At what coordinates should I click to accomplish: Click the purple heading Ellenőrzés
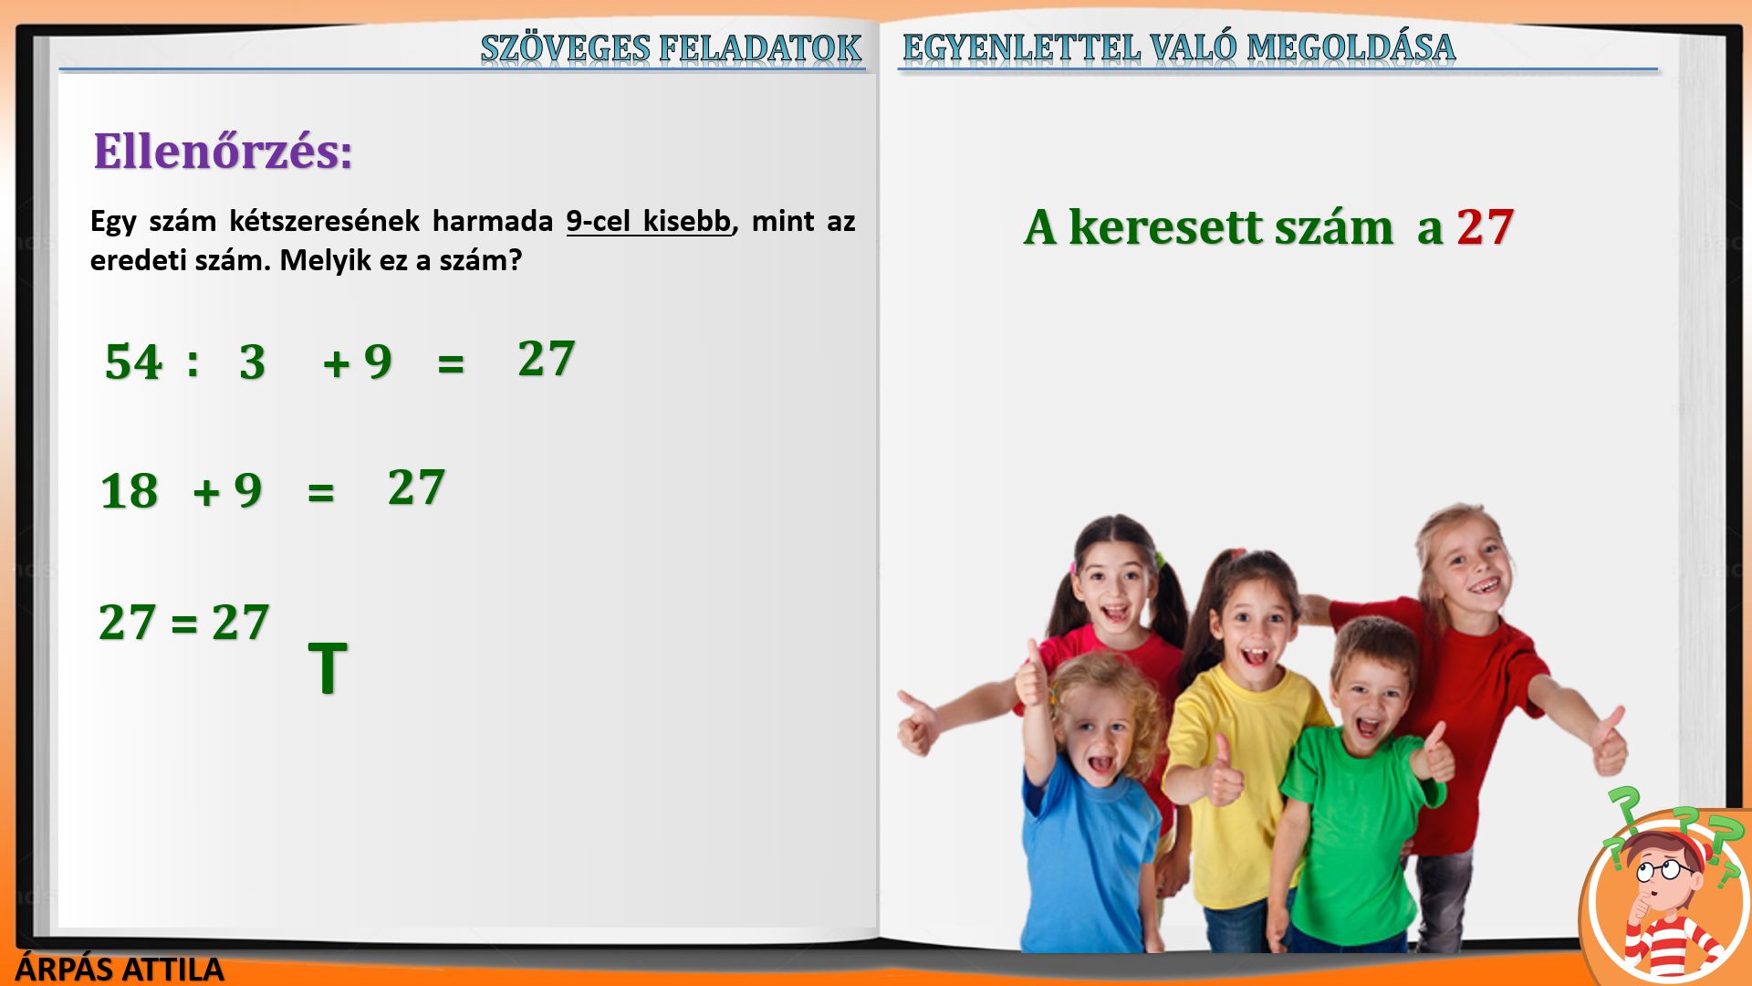(223, 152)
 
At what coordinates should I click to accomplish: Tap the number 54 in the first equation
(133, 362)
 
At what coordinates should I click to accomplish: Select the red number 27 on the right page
(1486, 227)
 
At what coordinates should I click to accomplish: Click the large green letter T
(328, 668)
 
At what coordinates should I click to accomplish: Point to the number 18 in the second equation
(129, 491)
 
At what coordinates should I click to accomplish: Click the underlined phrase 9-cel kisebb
(649, 221)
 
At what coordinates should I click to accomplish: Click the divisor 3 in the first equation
(253, 362)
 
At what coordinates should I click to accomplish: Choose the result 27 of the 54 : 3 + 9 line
(546, 359)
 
